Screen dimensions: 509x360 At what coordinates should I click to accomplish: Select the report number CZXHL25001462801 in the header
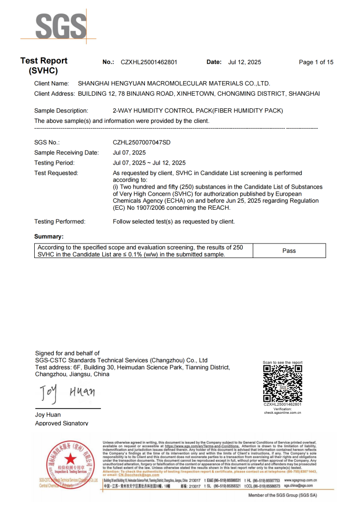(149, 62)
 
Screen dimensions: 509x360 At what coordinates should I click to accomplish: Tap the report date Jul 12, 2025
(245, 62)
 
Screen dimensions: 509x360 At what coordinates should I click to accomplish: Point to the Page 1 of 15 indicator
(316, 62)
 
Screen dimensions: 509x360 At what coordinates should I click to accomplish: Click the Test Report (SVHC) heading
(44, 66)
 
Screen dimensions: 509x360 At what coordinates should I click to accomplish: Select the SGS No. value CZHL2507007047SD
(142, 142)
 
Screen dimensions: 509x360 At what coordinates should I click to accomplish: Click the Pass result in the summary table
(289, 251)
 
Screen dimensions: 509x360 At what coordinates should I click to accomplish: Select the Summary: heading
(49, 237)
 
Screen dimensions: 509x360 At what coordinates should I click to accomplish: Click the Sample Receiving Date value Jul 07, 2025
(129, 152)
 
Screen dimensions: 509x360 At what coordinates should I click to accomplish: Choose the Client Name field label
(52, 84)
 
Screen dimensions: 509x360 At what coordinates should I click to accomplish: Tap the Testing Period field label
(54, 163)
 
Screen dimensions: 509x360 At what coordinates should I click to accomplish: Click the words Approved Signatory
(61, 423)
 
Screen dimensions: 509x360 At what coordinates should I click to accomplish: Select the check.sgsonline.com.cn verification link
(282, 413)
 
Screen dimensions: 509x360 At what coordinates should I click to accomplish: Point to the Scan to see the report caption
(283, 363)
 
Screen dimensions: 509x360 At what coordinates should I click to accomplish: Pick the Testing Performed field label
(60, 221)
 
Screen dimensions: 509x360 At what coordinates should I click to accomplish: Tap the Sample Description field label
(61, 111)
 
